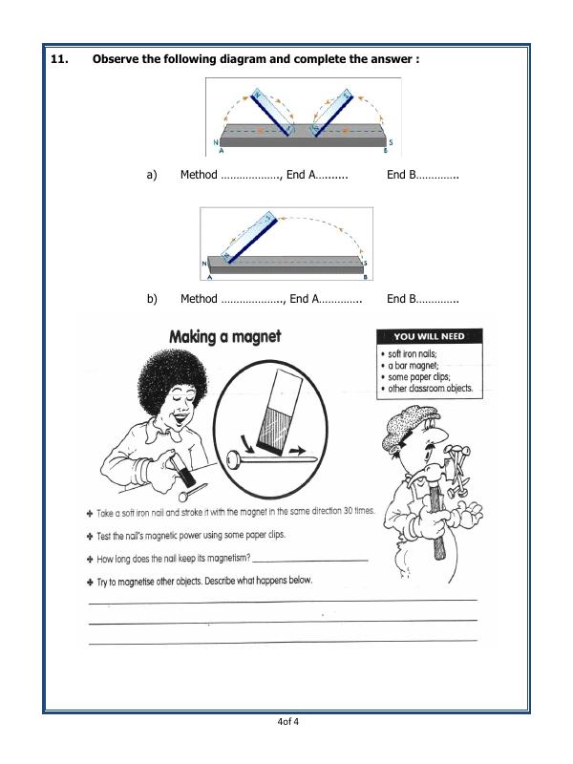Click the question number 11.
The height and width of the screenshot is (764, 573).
tap(59, 59)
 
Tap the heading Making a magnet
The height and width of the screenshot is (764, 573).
tap(224, 337)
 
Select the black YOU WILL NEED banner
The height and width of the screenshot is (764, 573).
tap(430, 336)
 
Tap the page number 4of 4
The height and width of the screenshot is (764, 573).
tap(287, 721)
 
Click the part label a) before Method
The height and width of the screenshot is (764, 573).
tap(151, 175)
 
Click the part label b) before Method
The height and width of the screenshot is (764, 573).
tap(151, 299)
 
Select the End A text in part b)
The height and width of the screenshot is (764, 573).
tap(302, 299)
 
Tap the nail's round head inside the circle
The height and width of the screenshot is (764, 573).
tap(232, 463)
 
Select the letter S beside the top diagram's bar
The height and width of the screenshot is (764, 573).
tap(391, 142)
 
